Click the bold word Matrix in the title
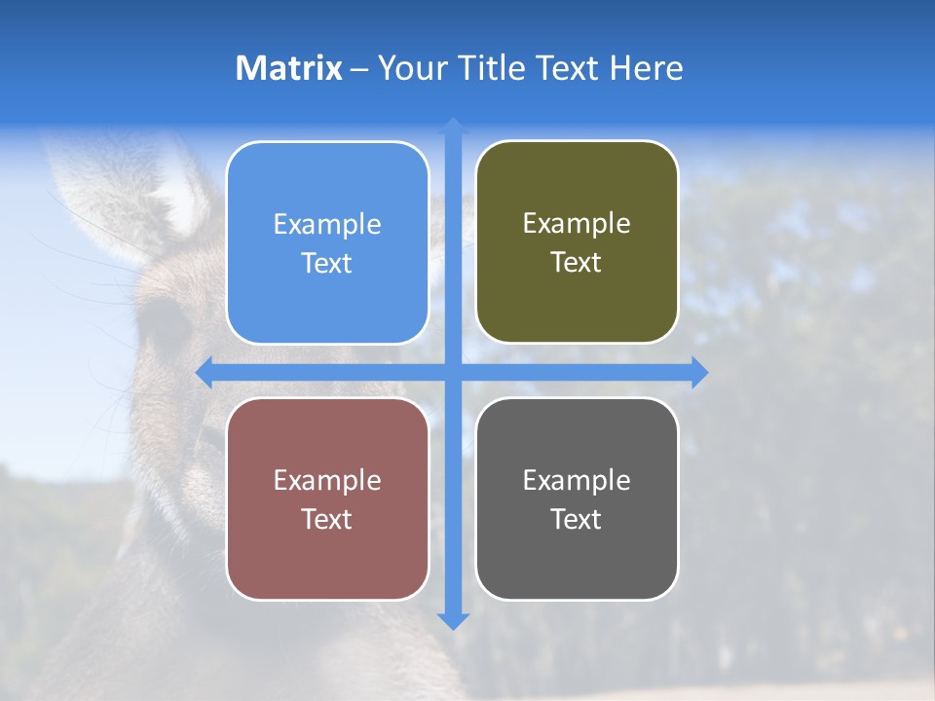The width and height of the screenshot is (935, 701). pyautogui.click(x=288, y=68)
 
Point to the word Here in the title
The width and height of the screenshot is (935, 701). pyautogui.click(x=647, y=68)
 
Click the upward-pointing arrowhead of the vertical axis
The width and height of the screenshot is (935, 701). pyautogui.click(x=453, y=126)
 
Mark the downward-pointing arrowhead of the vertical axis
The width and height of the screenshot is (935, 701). pyautogui.click(x=453, y=621)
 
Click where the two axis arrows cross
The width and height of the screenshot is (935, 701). pyautogui.click(x=453, y=372)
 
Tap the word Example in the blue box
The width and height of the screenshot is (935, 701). pyautogui.click(x=327, y=224)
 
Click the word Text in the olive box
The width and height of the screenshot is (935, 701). pyautogui.click(x=577, y=263)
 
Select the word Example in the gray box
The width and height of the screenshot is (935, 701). pyautogui.click(x=577, y=480)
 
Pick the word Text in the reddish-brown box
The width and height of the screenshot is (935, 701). pyautogui.click(x=327, y=519)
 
